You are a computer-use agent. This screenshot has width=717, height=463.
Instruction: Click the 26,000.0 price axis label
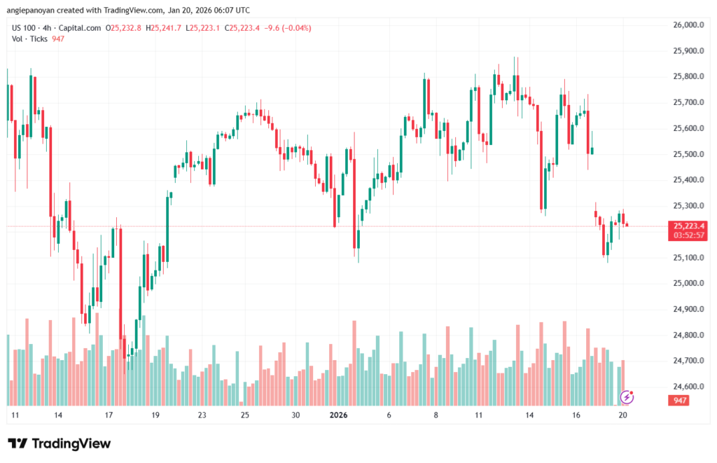[x=688, y=25]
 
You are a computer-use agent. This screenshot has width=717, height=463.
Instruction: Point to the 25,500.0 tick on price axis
[x=688, y=154]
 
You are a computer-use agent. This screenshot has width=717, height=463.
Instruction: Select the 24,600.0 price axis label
[x=688, y=387]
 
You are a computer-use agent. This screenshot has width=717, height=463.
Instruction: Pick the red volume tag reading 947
[x=678, y=400]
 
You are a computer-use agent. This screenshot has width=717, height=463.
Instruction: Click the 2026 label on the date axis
[x=338, y=415]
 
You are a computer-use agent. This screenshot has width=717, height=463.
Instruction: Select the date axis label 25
[x=245, y=415]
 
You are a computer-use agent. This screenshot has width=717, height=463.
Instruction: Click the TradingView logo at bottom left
[x=59, y=443]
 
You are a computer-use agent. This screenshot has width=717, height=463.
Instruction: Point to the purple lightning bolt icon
[x=628, y=397]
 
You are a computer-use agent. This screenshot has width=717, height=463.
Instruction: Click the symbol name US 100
[x=25, y=28]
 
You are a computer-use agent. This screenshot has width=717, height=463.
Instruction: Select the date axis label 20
[x=622, y=415]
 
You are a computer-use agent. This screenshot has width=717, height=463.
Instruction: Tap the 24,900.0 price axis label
[x=688, y=309]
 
